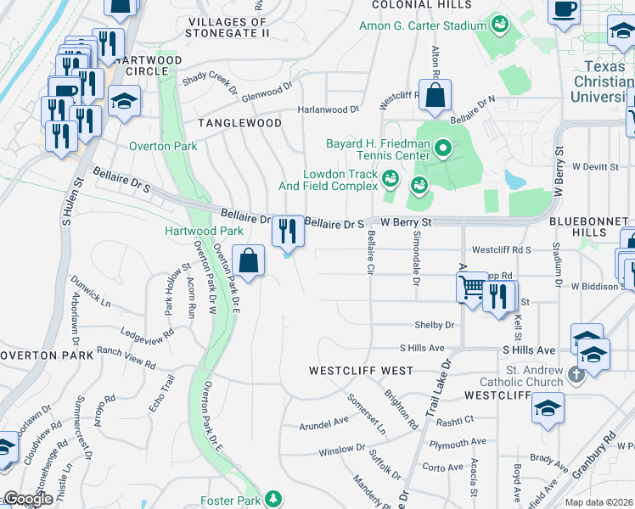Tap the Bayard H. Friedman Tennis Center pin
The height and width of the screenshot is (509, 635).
[442, 150]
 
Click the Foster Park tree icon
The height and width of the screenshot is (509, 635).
[273, 498]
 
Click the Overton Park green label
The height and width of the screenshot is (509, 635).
[163, 146]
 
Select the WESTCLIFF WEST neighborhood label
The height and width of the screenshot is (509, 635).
[361, 371]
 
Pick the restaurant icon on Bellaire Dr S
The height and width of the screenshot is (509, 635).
[288, 229]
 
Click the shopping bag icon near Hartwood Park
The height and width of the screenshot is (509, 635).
[248, 261]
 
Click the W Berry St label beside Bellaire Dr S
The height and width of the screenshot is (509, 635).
[406, 222]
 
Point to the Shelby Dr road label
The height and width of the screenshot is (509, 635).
[435, 325]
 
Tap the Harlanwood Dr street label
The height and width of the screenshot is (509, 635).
[329, 109]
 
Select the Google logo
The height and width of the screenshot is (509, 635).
[28, 499]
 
